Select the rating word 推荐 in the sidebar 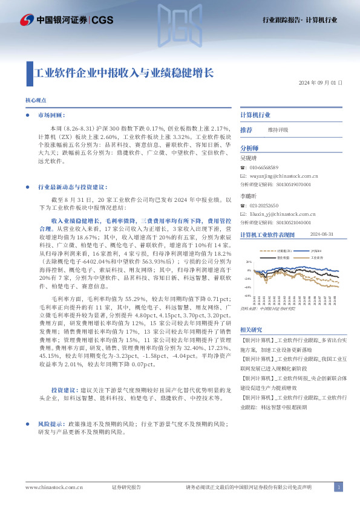[x=246, y=130]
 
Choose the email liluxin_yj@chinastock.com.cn [x=278, y=214]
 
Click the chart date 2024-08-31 [x=321, y=235]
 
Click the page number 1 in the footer [x=339, y=487]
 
